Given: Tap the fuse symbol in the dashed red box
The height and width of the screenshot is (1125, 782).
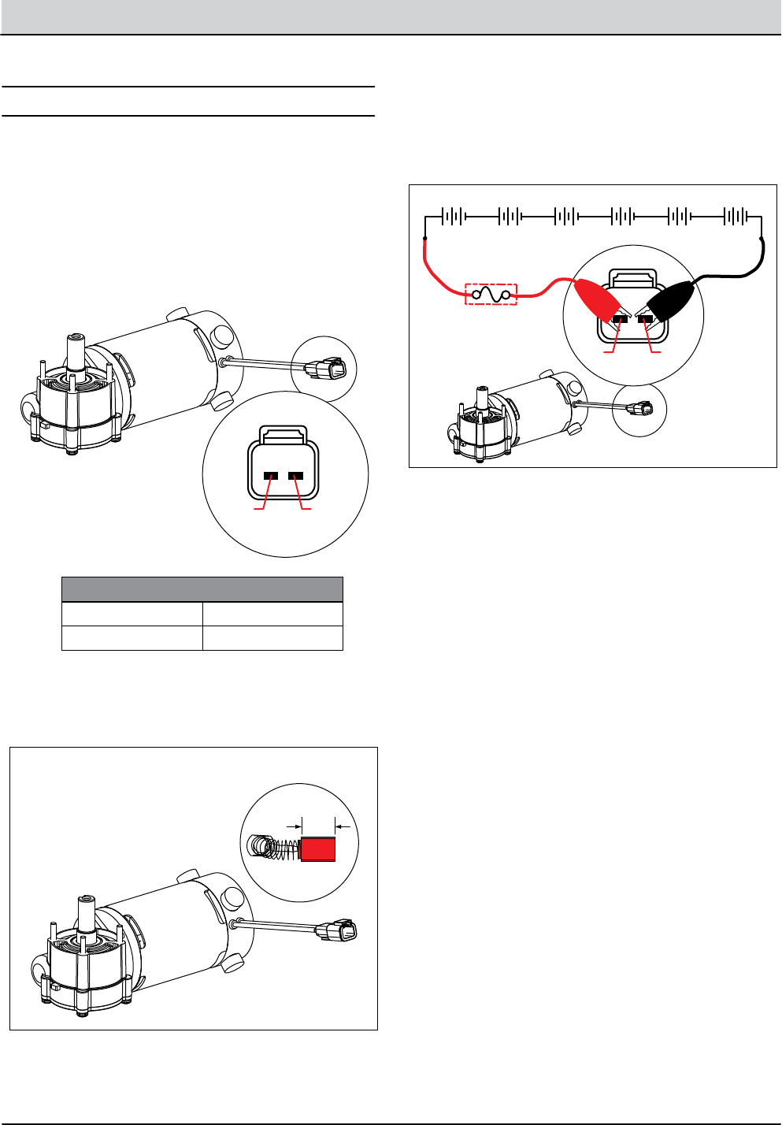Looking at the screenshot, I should (x=491, y=295).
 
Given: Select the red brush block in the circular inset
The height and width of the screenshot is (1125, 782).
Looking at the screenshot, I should (x=319, y=850).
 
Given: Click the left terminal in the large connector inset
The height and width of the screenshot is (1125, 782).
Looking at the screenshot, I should (x=270, y=476).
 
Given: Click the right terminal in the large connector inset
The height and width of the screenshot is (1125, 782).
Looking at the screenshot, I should (x=296, y=476).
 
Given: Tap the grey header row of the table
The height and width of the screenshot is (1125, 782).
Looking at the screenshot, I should (x=202, y=589).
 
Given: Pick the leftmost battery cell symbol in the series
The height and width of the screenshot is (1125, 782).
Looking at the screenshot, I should (x=452, y=216).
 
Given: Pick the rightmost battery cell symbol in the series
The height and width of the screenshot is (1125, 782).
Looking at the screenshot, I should (x=736, y=216).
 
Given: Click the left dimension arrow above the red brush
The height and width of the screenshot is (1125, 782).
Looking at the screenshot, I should (x=297, y=826).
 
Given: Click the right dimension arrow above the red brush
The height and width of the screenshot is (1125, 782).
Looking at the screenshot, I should (x=340, y=826).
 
